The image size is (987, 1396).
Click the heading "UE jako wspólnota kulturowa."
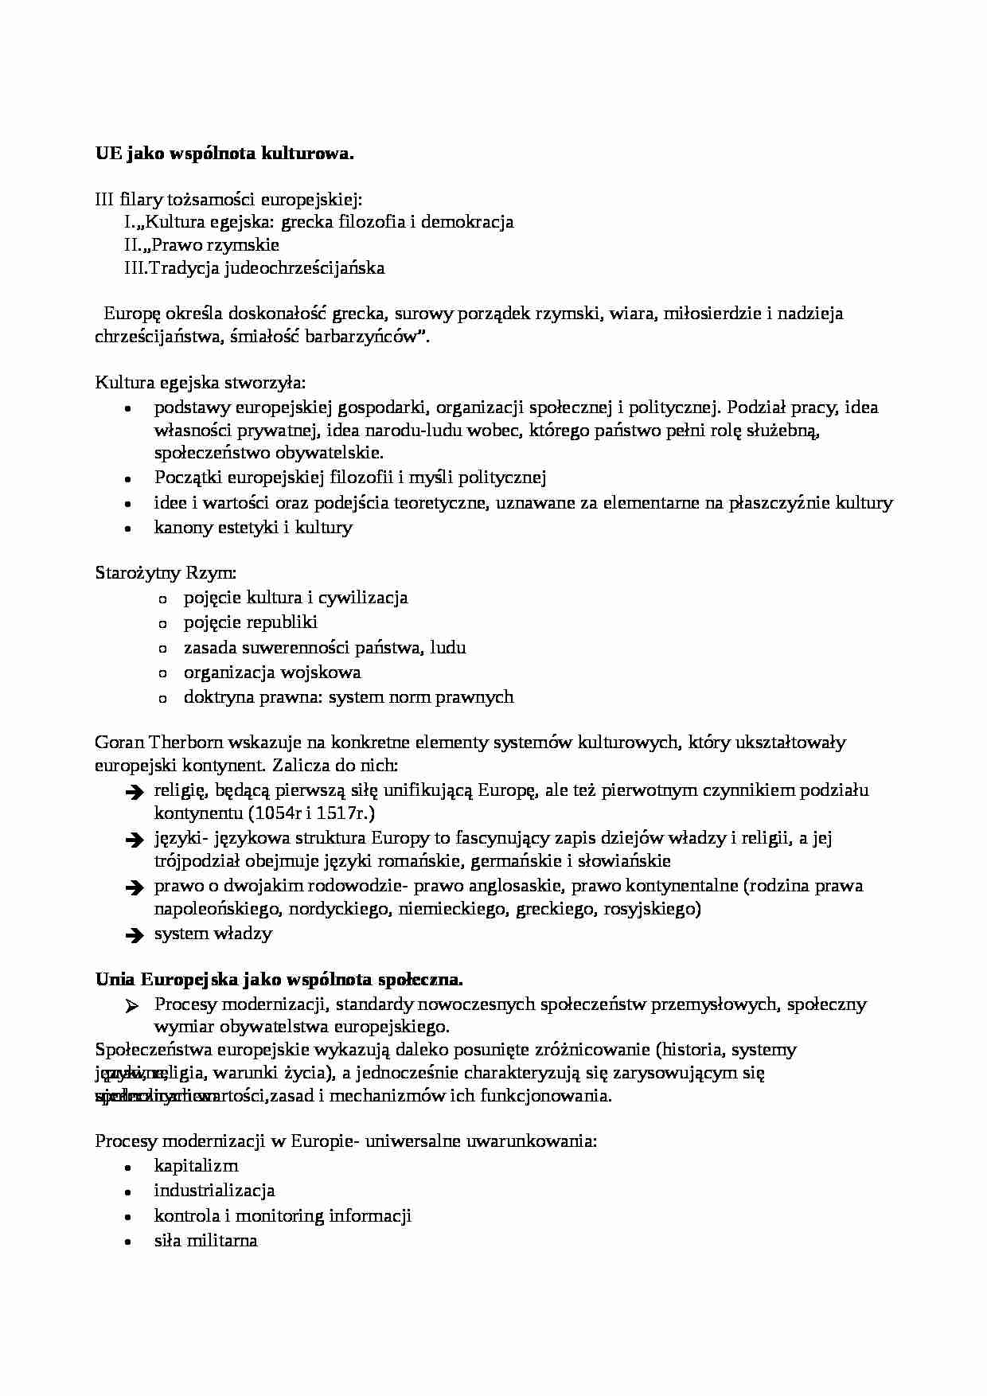(224, 154)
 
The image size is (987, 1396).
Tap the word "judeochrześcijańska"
(305, 268)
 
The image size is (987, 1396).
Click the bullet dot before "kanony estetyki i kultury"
(127, 528)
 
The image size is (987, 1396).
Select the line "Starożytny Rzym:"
(166, 573)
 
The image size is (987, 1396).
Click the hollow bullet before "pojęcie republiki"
(163, 624)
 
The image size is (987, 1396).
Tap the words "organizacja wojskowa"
(272, 673)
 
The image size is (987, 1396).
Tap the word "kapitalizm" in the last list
(196, 1166)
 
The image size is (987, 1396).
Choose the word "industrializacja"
(214, 1191)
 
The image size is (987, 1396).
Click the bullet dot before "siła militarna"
(127, 1242)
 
